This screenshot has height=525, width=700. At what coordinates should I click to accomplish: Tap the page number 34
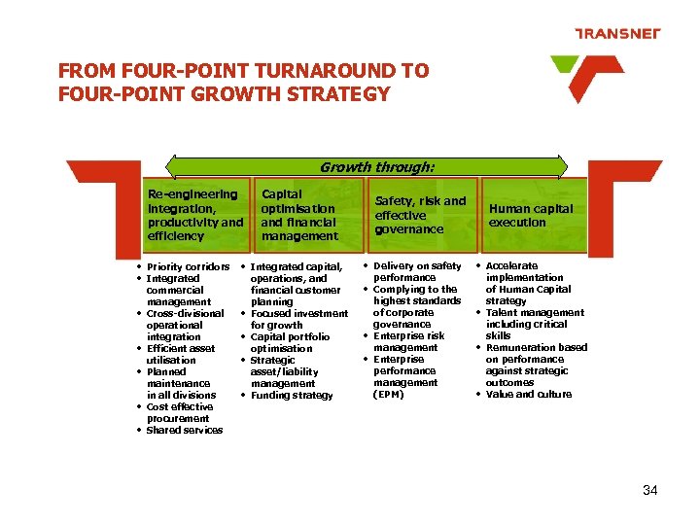point(649,490)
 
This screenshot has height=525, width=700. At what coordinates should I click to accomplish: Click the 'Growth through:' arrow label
point(377,167)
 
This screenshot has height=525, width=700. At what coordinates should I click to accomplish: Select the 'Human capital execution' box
point(531,215)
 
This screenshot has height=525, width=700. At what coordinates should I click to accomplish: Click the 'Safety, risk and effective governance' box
point(421,215)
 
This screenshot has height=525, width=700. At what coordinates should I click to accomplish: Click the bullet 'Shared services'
point(184,430)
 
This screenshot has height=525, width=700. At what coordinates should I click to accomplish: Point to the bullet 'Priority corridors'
point(188,266)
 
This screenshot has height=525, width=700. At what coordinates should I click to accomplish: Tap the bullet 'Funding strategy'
point(292,395)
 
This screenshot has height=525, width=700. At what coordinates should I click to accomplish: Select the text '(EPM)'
point(389,394)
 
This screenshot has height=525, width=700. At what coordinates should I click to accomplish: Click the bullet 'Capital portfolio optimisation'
point(289,342)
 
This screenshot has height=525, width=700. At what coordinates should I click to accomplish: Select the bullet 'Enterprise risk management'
point(408,341)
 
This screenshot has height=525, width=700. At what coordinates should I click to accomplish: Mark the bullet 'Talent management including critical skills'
point(534,324)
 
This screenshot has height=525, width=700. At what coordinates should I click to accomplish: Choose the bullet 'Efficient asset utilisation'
point(180,354)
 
